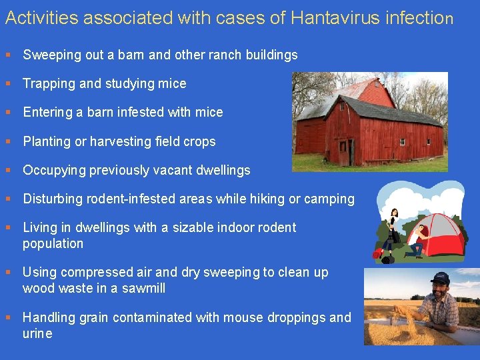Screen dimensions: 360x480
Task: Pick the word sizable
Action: point(197,228)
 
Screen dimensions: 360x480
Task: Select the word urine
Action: point(37,333)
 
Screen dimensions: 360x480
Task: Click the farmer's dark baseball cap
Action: point(440,277)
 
